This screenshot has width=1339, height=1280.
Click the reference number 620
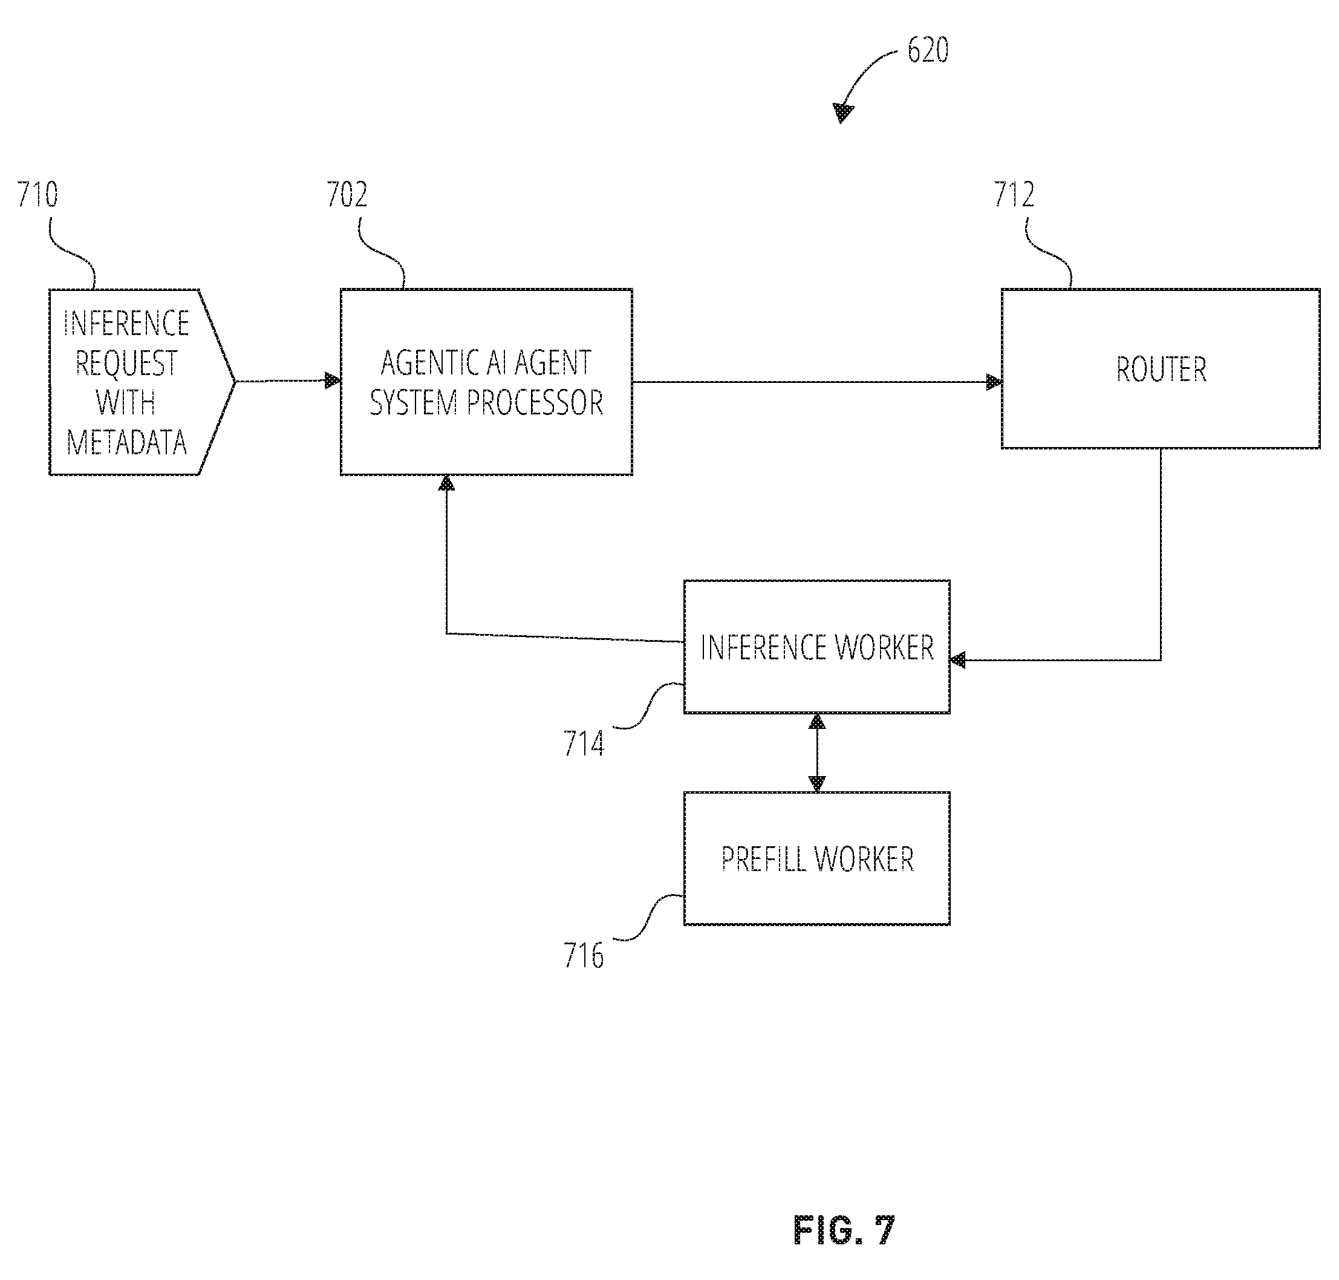pos(927,50)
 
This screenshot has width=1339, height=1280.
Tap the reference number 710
pos(37,195)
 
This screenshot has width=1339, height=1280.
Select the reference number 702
pos(347,195)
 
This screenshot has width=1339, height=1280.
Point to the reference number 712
pos(1014,195)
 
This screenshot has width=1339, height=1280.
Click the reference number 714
pos(584,743)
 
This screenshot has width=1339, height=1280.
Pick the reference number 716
pos(584,955)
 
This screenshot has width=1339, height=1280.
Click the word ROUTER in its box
pos(1161,370)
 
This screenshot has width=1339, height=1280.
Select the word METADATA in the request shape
pos(127,443)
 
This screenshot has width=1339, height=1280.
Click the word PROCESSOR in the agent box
pos(534,402)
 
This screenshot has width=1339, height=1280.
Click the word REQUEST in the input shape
pos(126,363)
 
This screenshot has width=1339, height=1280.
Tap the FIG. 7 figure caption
pos(844,1231)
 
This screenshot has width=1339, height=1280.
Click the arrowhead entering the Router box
pos(994,382)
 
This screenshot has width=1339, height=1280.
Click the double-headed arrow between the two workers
pos(816,753)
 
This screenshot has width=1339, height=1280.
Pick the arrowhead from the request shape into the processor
pos(333,380)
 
